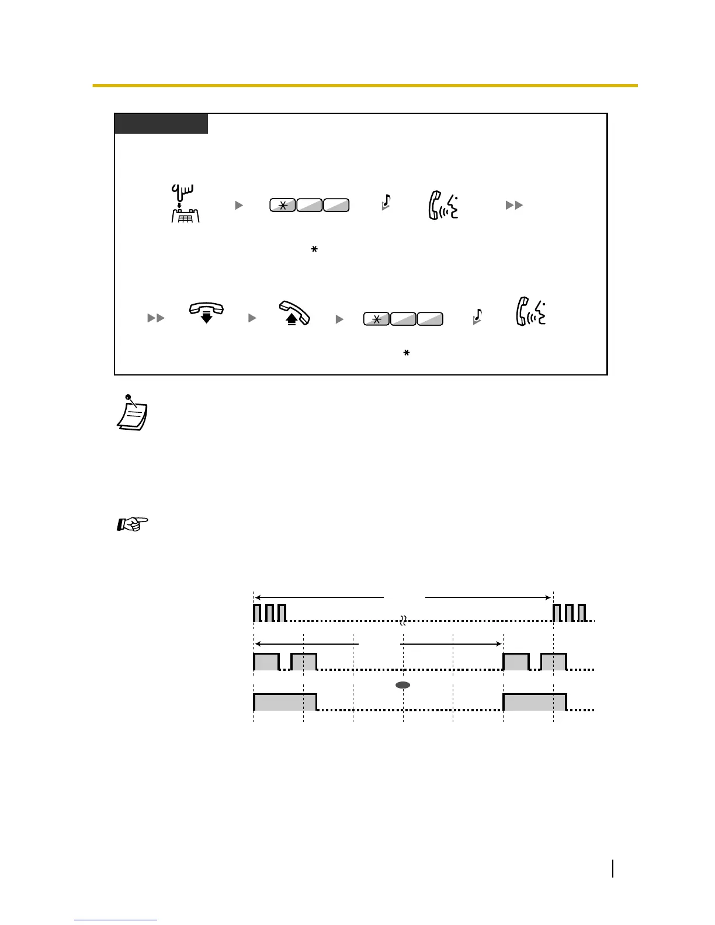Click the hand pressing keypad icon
coord(185,204)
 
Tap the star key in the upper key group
coord(282,205)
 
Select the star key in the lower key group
coord(376,319)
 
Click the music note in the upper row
coord(386,202)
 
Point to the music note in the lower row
coord(478,316)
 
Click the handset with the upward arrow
coord(294,312)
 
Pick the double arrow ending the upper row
coord(514,205)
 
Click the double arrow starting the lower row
coord(156,318)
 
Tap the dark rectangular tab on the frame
coord(161,124)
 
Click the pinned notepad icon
coord(133,413)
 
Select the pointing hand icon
coord(133,524)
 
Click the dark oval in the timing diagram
coord(403,684)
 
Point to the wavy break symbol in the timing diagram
coord(403,620)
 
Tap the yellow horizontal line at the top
coord(365,86)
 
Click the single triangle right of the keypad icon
coord(238,205)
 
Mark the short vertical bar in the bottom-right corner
coord(613,868)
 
